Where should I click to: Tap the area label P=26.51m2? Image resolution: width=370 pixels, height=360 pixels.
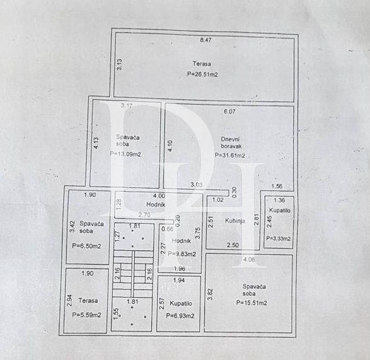coord(202,74)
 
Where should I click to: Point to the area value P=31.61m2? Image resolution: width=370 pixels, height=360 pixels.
coord(229,155)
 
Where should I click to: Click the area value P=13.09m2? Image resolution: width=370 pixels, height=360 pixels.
coord(125,153)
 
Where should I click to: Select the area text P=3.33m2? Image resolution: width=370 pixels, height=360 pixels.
coord(278,238)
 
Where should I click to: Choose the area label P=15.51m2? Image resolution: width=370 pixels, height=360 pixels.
coord(251,303)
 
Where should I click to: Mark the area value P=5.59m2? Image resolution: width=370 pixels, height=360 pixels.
coord(87,315)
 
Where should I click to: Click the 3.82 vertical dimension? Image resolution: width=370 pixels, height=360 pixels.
coord(211,294)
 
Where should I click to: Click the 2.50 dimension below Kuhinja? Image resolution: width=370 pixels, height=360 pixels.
coord(232,245)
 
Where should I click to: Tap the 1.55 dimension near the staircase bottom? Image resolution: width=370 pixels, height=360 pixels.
coord(116,313)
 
